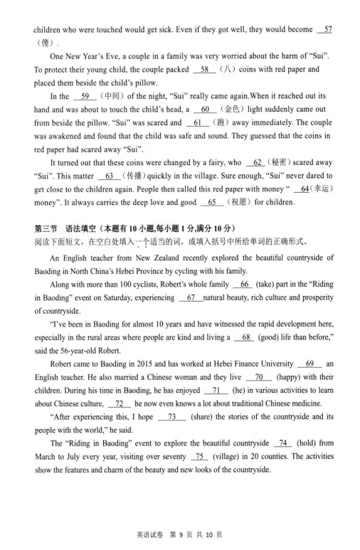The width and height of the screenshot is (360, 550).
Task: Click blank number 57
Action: coord(327,29)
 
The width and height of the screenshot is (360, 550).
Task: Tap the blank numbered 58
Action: coord(204,69)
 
